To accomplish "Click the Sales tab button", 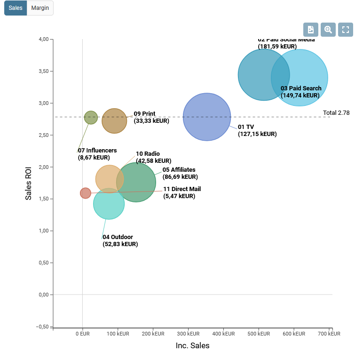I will [16, 8].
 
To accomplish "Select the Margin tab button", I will [40, 8].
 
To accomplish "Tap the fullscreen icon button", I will [346, 30].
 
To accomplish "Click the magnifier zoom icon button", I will [328, 30].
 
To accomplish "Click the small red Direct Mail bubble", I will [85, 193].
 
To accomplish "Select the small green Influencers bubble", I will [91, 118].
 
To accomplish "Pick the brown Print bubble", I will [114, 121].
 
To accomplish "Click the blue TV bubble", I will [207, 117].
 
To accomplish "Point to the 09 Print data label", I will [151, 117].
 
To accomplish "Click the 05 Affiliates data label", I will [180, 173].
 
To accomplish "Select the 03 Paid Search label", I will [301, 92].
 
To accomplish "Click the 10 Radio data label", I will [153, 157].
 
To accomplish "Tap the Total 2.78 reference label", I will [336, 113].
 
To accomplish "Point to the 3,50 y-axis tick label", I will [42, 71].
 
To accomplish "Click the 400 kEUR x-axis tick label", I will [223, 334].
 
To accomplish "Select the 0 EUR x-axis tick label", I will [82, 334].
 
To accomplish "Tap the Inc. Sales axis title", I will [192, 346].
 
